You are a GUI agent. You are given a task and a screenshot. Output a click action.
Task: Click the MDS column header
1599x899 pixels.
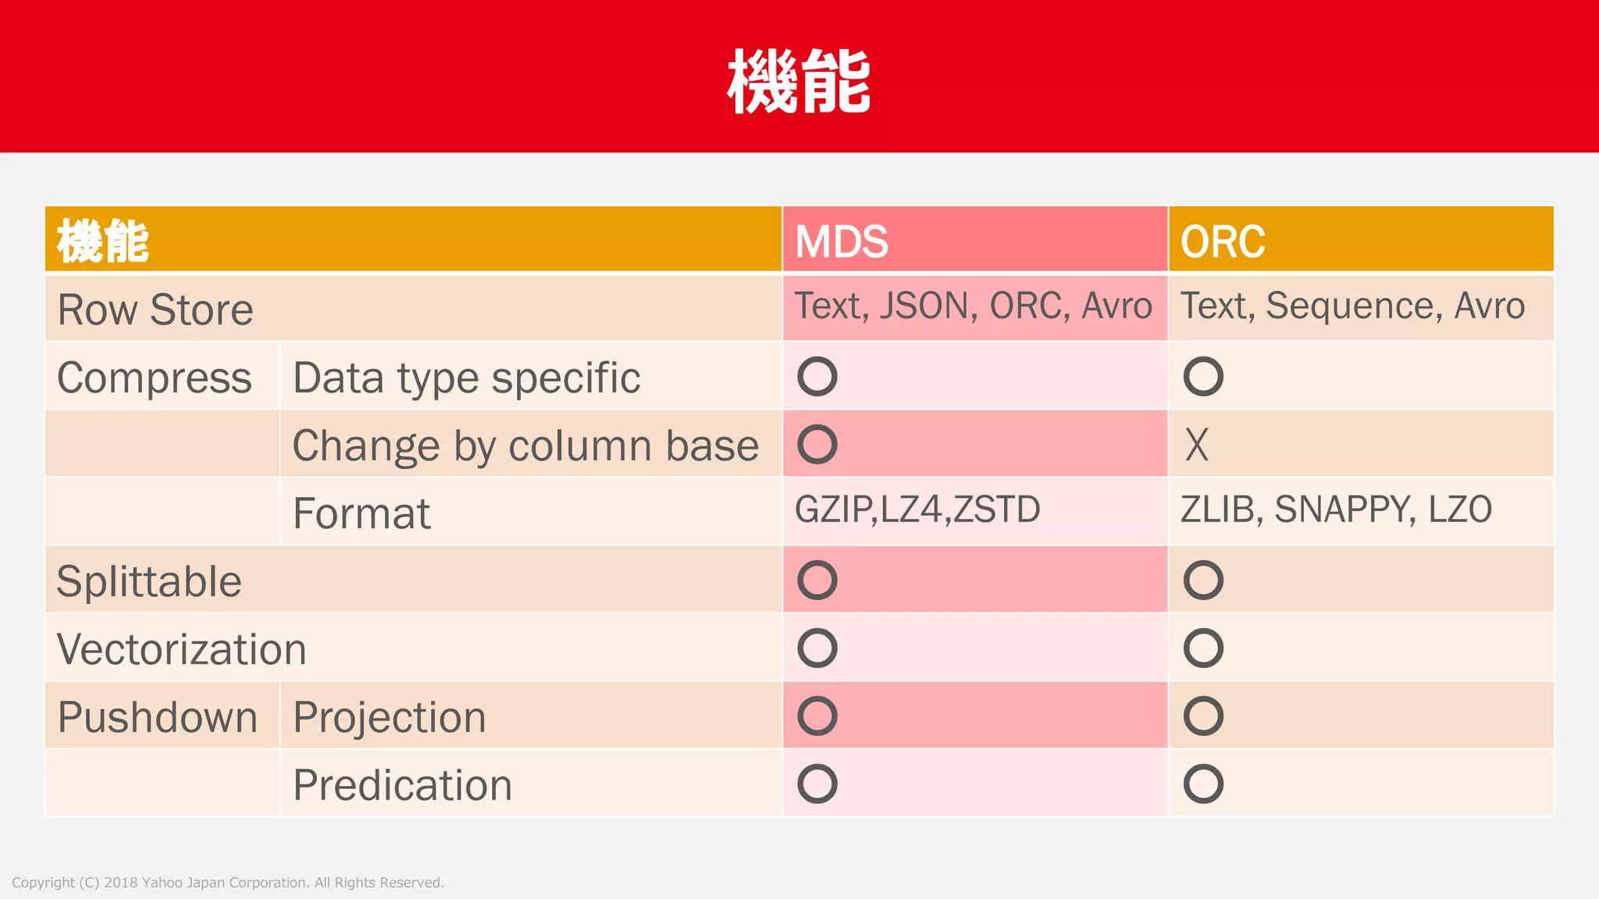(x=841, y=241)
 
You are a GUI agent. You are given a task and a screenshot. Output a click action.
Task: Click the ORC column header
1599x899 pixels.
(x=1222, y=241)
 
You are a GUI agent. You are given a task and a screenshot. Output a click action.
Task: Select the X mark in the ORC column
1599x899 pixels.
(x=1196, y=445)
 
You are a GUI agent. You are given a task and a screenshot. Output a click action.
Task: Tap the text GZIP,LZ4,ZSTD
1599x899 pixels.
(x=917, y=510)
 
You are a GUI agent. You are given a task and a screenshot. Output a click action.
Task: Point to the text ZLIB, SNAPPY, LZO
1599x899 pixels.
(x=1336, y=510)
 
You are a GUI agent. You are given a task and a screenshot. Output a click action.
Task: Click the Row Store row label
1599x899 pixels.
(x=155, y=310)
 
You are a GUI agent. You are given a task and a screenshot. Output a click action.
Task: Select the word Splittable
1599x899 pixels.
(x=149, y=581)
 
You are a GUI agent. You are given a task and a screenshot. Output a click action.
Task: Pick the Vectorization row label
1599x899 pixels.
(x=181, y=649)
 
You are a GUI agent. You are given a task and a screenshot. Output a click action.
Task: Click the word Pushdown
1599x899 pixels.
(x=157, y=717)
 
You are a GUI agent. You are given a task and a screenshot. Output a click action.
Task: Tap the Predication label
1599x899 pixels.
(x=402, y=785)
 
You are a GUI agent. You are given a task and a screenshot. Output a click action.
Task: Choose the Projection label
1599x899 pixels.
(x=389, y=717)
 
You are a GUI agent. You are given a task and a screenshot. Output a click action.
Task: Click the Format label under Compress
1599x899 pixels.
(x=361, y=513)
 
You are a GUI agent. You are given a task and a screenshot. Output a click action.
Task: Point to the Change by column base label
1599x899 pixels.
(x=525, y=446)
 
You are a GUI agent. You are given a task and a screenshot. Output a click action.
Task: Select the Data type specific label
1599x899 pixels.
(x=466, y=378)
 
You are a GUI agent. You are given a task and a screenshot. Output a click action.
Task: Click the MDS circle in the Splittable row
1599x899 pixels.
(x=817, y=581)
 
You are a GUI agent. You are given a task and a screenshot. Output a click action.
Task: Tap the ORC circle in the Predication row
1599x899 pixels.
(x=1202, y=784)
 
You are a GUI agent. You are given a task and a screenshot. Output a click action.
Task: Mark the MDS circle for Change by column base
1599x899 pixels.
(x=817, y=445)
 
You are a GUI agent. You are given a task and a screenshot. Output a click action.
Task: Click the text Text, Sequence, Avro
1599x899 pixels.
(x=1352, y=305)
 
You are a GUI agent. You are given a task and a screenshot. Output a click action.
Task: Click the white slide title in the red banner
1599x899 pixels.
(x=799, y=81)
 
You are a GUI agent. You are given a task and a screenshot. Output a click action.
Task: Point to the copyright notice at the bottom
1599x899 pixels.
(x=228, y=883)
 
